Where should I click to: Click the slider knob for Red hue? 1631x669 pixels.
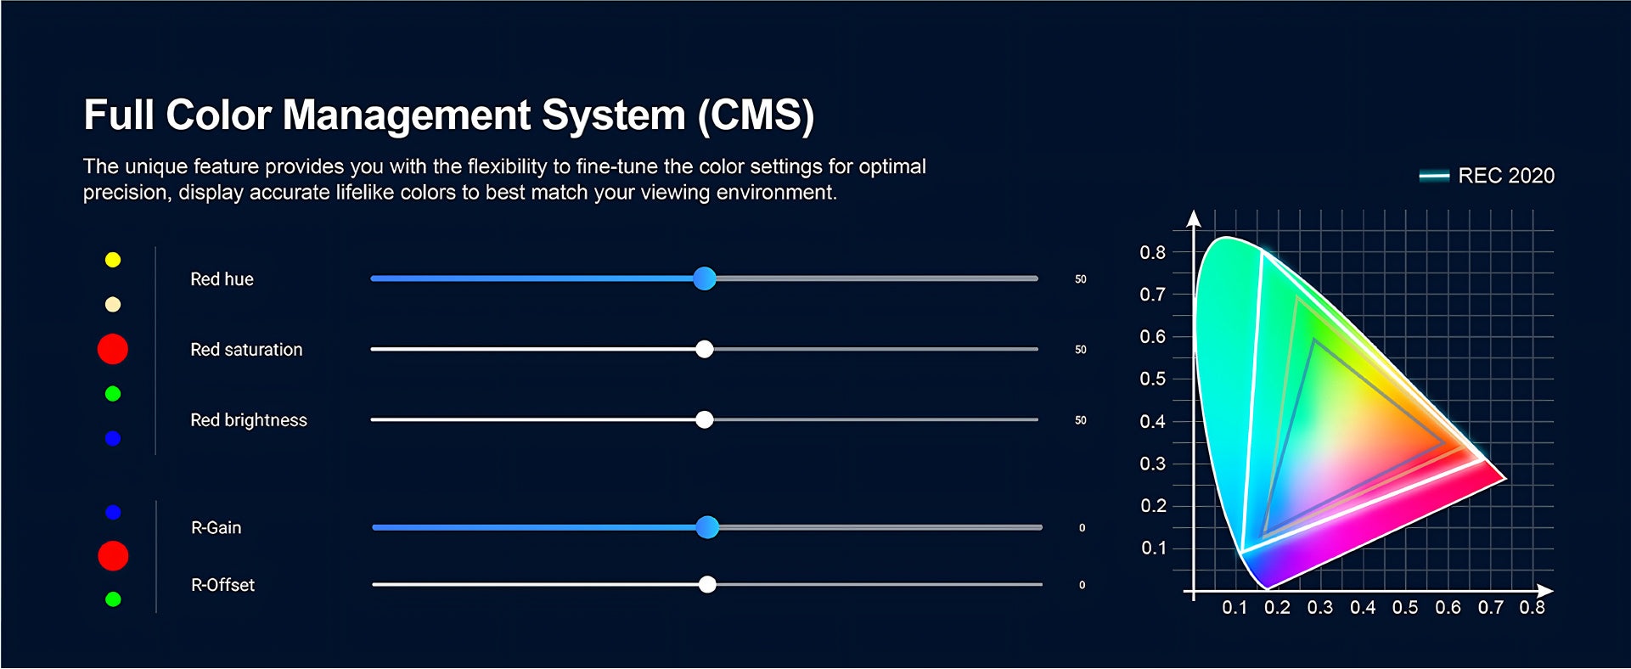coord(704,278)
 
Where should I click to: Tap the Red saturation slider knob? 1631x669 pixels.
coord(704,349)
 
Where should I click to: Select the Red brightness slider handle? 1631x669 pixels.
coord(704,419)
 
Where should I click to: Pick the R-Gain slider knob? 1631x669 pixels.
coord(707,527)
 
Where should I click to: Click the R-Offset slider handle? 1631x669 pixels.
coord(707,584)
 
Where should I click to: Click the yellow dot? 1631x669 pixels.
coord(113,260)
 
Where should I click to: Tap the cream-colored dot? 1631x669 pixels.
coord(113,304)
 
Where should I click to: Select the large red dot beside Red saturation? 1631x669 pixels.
coord(113,349)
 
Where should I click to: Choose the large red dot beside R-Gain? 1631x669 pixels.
coord(113,556)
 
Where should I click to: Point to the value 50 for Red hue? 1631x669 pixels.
coord(1081,279)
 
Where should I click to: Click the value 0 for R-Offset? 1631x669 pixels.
coord(1082,585)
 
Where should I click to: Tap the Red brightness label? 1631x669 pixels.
coord(249,420)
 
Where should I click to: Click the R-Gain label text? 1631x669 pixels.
coord(217,528)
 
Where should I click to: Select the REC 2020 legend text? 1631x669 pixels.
coord(1506,176)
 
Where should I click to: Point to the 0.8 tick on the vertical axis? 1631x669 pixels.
coord(1153,252)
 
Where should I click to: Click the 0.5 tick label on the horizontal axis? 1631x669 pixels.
coord(1405,608)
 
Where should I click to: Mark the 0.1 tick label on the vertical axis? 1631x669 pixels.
coord(1153,548)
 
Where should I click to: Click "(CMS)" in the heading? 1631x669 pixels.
coord(756,115)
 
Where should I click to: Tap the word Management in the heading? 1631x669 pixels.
coord(406,115)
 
